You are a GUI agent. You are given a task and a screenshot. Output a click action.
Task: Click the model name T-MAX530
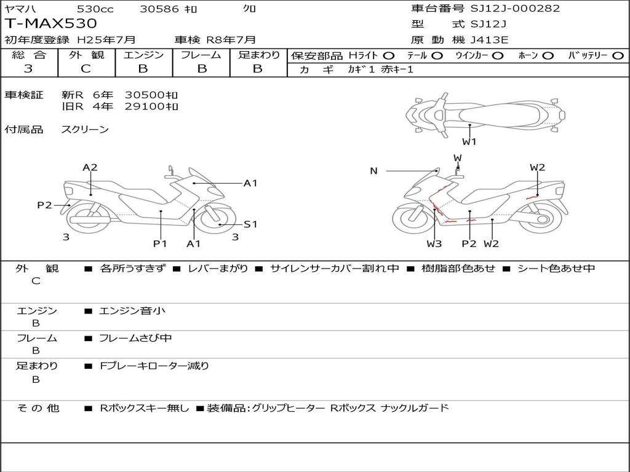tap(51, 24)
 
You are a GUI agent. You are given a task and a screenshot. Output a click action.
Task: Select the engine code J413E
tap(489, 41)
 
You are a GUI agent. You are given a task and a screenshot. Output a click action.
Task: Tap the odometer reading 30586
tap(159, 9)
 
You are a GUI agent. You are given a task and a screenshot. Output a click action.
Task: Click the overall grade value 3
tap(28, 69)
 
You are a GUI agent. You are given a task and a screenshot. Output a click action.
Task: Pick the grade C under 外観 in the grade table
tap(86, 69)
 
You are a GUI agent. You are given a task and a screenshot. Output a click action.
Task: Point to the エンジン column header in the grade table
tap(143, 55)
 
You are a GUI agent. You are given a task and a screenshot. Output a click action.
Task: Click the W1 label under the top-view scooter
tap(469, 142)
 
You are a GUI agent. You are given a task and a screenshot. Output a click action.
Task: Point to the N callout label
tap(373, 171)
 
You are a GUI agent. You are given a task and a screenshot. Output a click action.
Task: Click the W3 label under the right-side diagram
tap(434, 243)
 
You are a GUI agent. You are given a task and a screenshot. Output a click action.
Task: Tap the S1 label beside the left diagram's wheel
tap(250, 224)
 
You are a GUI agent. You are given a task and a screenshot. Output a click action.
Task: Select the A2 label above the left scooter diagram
tap(90, 167)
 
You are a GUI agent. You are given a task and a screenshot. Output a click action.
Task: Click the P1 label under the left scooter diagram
tap(160, 243)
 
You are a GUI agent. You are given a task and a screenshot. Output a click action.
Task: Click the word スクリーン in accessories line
tap(85, 130)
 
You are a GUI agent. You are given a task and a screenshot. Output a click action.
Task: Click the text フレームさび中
tap(135, 338)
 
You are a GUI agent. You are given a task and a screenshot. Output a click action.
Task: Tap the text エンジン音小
tap(132, 311)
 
